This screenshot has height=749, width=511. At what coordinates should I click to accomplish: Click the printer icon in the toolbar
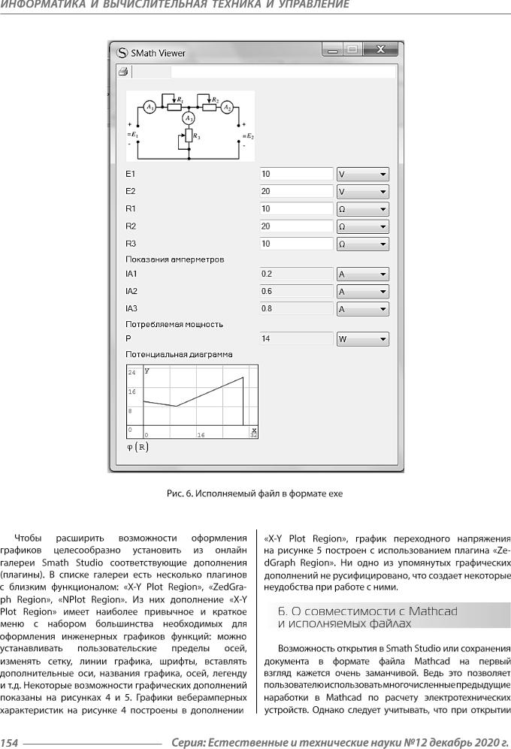point(123,72)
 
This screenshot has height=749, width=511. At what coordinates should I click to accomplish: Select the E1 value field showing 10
point(295,174)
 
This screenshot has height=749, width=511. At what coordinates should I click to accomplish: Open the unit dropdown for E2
point(362,191)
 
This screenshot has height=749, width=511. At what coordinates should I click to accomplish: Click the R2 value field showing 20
point(295,226)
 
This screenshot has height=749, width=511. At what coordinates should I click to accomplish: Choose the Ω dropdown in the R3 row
point(362,244)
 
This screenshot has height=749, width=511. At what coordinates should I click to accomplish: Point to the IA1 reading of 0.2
point(295,274)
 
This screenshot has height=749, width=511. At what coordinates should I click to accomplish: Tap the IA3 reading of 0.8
point(295,309)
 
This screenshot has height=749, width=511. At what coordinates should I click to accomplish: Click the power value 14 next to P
point(295,339)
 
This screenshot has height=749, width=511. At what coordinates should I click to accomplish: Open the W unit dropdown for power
point(362,339)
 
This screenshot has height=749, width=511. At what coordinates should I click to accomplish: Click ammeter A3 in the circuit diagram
point(189,118)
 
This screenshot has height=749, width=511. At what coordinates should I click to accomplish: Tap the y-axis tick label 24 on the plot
point(132,372)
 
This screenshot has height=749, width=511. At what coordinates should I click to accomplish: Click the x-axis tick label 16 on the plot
point(201,435)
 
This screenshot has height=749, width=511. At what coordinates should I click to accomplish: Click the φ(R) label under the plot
point(138,447)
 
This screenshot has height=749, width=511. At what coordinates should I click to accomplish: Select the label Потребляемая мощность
point(174,324)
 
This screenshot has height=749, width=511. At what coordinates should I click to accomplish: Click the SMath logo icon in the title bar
point(122,53)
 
